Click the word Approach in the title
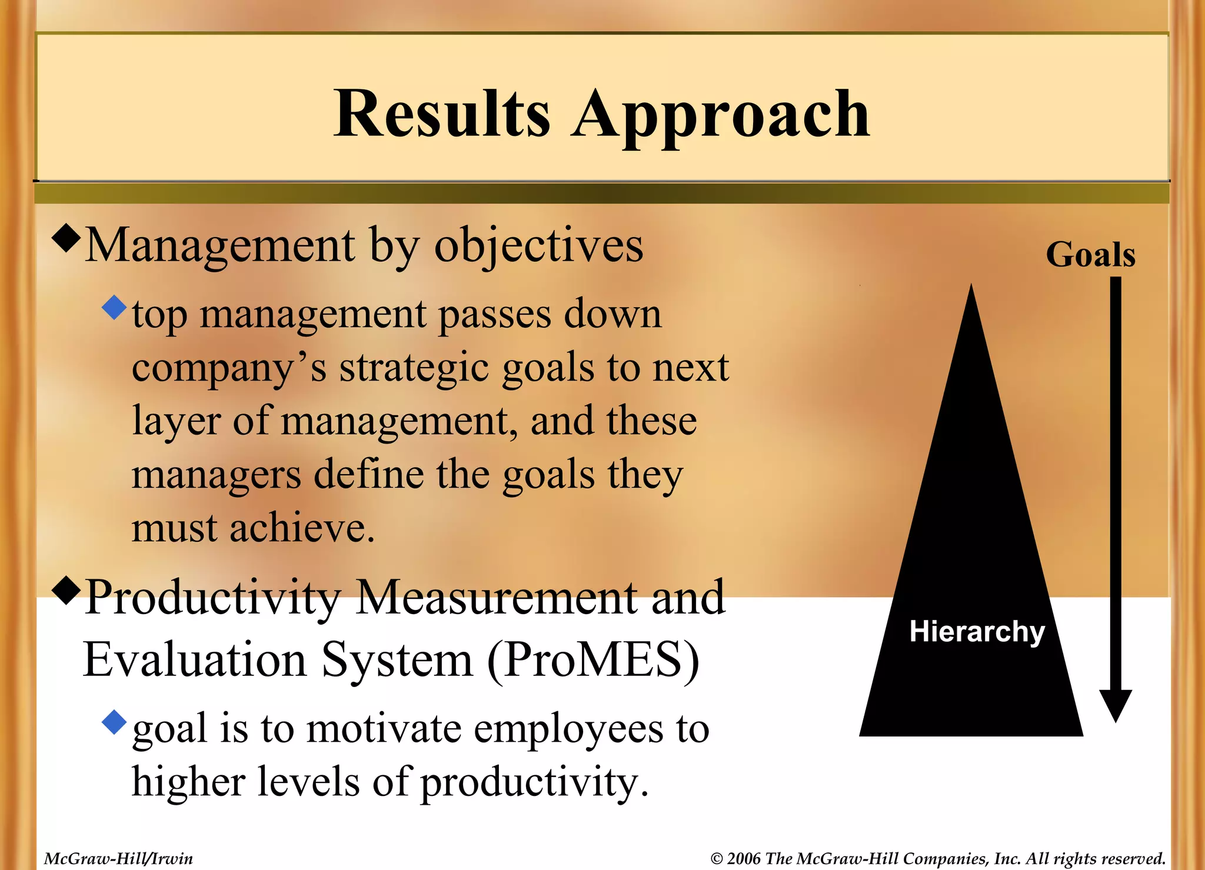click(x=720, y=115)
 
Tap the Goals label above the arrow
click(x=1090, y=255)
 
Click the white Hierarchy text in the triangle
click(x=977, y=632)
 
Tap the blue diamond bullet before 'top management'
click(x=114, y=307)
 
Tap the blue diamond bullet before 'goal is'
click(x=114, y=722)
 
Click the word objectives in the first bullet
click(x=538, y=246)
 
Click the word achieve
click(x=301, y=528)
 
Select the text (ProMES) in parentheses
click(x=593, y=660)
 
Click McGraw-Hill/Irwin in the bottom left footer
click(x=118, y=858)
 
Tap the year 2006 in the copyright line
click(x=744, y=858)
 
